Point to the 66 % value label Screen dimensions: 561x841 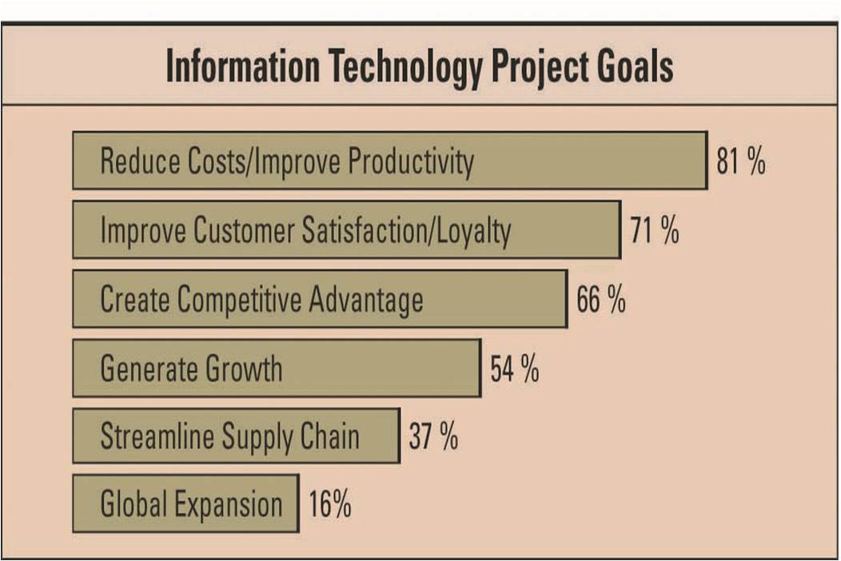coord(601,300)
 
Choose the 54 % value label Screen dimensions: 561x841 coord(515,369)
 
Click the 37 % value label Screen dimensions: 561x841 coord(433,437)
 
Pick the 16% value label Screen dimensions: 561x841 coord(329,506)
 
